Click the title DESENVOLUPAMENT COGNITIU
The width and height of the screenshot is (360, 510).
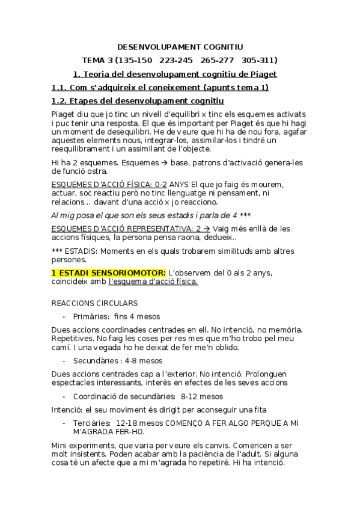[180, 46]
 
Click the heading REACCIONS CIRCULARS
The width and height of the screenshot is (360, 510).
[95, 303]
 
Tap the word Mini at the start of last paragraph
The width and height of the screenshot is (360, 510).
[61, 446]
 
